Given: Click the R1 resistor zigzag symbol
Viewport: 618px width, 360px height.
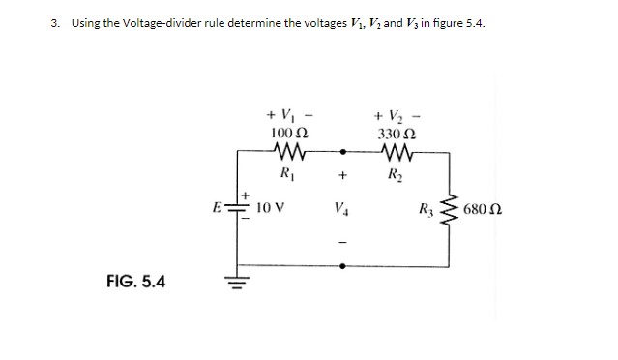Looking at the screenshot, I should (x=287, y=152).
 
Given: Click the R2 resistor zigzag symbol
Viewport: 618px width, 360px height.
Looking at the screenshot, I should (x=397, y=152).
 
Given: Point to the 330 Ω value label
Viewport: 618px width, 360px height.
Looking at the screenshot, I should (x=397, y=131).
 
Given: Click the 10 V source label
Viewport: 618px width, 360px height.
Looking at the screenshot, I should (x=269, y=205).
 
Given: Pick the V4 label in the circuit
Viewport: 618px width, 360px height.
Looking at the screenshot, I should (x=340, y=206).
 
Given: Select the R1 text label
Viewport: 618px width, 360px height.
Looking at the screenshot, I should (x=287, y=175).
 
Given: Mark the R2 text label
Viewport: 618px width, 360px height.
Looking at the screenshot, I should (x=397, y=175).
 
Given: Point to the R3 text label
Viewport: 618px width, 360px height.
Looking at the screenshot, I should (x=425, y=207).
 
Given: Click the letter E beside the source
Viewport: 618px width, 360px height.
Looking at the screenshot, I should (x=219, y=206).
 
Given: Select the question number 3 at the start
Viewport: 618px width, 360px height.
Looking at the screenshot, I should (x=53, y=22).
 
